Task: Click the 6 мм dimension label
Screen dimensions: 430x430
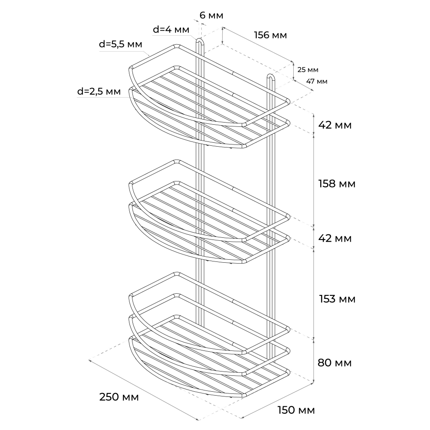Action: pos(211,15)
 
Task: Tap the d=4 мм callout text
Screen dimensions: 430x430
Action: pos(171,29)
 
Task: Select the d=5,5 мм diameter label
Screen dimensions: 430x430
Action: pos(120,44)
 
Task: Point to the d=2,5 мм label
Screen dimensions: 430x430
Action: pos(99,91)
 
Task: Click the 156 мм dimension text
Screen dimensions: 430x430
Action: pos(270,35)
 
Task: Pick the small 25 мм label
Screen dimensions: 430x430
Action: pos(308,70)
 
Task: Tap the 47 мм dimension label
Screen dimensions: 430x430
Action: pos(317,81)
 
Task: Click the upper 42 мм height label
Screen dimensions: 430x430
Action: pos(335,125)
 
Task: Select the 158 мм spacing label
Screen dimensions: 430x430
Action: pos(337,184)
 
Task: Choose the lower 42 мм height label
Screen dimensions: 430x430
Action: pos(335,239)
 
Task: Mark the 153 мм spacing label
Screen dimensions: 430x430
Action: pos(337,299)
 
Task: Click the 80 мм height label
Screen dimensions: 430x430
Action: pos(335,363)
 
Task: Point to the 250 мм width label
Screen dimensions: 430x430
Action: pos(119,397)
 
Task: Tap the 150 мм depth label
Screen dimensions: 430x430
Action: pos(296,410)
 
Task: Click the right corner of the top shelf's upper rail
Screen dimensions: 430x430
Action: pos(288,101)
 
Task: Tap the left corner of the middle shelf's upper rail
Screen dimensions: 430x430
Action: pos(131,183)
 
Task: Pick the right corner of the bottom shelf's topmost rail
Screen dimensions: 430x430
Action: pos(288,329)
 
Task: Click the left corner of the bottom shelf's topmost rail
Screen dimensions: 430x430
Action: pos(131,295)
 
